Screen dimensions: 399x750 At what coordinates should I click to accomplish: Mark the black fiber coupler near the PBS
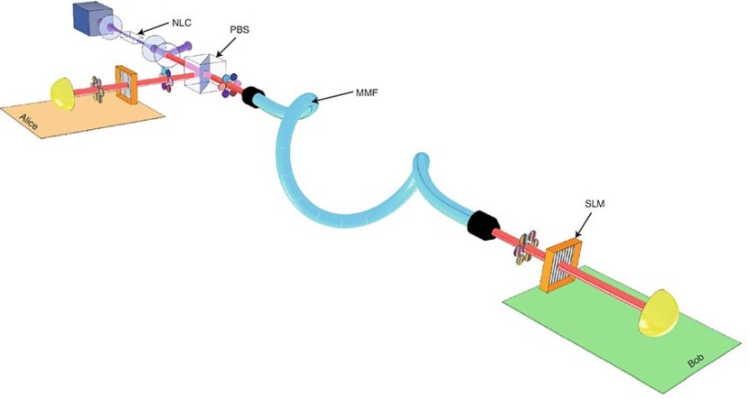252,96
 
